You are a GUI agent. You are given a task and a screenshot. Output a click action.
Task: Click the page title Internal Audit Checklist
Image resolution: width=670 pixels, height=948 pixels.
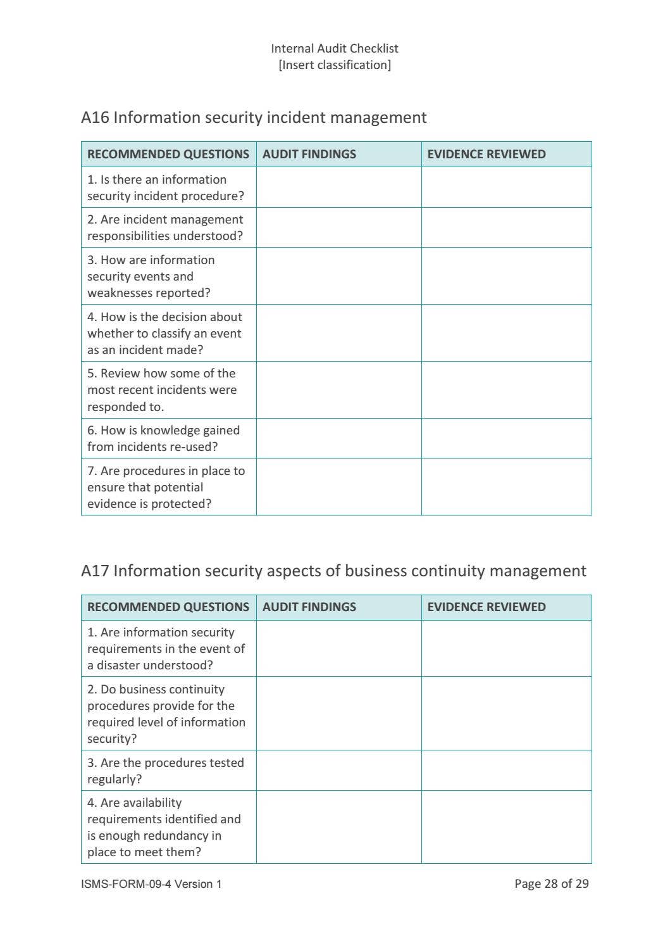(335, 48)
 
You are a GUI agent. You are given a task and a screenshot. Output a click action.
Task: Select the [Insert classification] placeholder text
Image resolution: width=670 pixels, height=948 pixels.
(335, 65)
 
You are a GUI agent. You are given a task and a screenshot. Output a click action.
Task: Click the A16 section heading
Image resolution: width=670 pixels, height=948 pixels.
(254, 117)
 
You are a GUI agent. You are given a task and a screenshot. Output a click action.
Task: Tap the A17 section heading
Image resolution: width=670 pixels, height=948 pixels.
(333, 571)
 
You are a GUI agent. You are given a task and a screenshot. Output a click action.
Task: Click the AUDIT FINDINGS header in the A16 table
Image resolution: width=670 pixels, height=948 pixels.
(309, 154)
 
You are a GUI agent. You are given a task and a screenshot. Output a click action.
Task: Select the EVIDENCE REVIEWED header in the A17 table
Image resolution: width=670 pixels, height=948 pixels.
(486, 607)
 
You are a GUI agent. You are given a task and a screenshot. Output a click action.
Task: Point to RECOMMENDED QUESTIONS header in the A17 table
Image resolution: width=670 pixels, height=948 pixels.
(168, 607)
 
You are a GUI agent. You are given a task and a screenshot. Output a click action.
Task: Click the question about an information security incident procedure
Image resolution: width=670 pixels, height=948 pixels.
(165, 187)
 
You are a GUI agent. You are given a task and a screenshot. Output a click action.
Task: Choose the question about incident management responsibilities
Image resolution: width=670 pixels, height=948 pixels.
(165, 227)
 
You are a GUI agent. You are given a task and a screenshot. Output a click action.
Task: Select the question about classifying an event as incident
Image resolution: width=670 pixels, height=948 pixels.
(164, 333)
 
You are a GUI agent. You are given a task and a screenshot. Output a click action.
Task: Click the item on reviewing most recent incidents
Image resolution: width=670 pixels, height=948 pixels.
(162, 390)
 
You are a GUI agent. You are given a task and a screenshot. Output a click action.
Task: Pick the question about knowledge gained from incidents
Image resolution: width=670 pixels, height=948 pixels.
(163, 438)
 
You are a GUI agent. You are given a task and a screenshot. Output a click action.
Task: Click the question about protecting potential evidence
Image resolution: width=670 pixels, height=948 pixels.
(166, 487)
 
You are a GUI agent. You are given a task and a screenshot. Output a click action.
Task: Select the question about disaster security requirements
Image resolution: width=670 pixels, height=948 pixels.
(166, 648)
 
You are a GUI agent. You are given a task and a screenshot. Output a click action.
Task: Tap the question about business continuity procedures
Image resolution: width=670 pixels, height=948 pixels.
(166, 714)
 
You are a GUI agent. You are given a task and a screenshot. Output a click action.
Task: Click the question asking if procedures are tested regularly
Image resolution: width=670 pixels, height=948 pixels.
(165, 771)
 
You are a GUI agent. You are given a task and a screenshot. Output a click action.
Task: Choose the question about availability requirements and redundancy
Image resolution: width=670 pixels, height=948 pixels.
(164, 827)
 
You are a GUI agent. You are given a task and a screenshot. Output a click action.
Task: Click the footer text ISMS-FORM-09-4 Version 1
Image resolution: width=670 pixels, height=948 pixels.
(151, 883)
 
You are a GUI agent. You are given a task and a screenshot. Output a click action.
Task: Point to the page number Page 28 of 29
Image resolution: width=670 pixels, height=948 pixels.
(551, 883)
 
